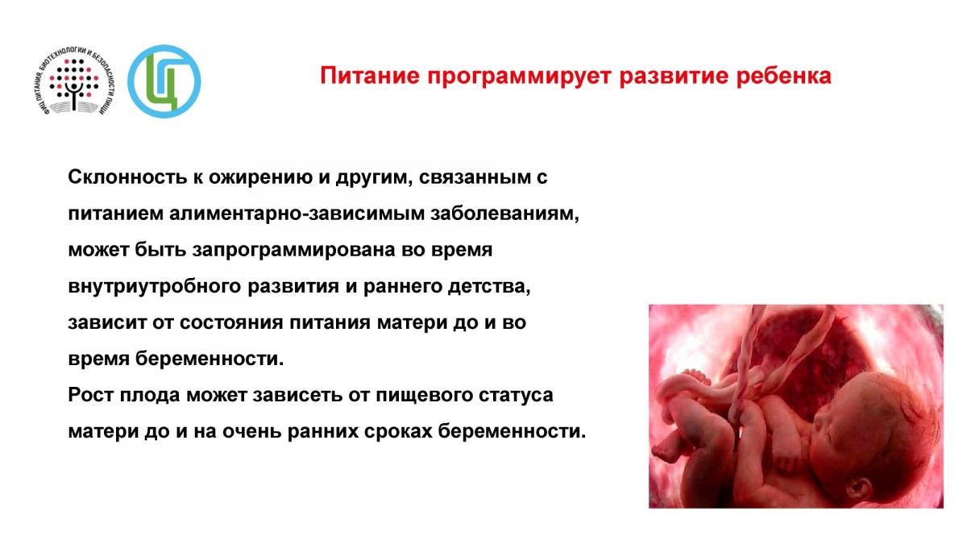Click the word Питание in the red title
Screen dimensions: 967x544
coord(370,76)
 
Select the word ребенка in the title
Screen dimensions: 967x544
coord(783,76)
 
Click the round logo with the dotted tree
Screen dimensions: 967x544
coord(73,81)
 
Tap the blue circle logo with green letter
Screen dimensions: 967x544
coord(164,81)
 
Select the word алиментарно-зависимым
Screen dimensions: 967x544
coord(297,214)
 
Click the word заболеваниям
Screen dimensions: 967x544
coord(504,214)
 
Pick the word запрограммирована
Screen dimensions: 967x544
coord(293,251)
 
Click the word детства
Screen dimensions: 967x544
coord(489,287)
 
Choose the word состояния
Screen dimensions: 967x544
coord(231,323)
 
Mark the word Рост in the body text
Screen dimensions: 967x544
coord(90,395)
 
